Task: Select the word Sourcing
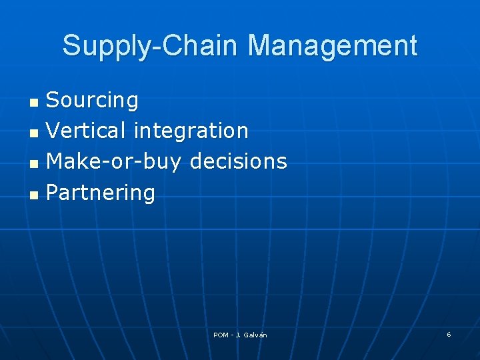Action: tap(92, 101)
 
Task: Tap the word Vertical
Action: tap(87, 131)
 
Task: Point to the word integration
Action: tap(191, 131)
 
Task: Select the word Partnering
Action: tap(101, 193)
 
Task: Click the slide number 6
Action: tap(449, 334)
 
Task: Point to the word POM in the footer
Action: tap(221, 335)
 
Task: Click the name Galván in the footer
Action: tap(255, 335)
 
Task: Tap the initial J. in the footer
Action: tap(238, 335)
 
